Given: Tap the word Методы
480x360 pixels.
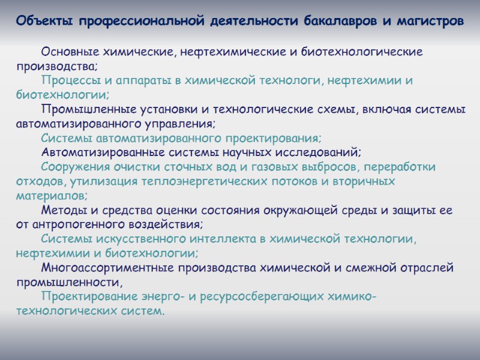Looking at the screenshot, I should [x=64, y=211].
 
